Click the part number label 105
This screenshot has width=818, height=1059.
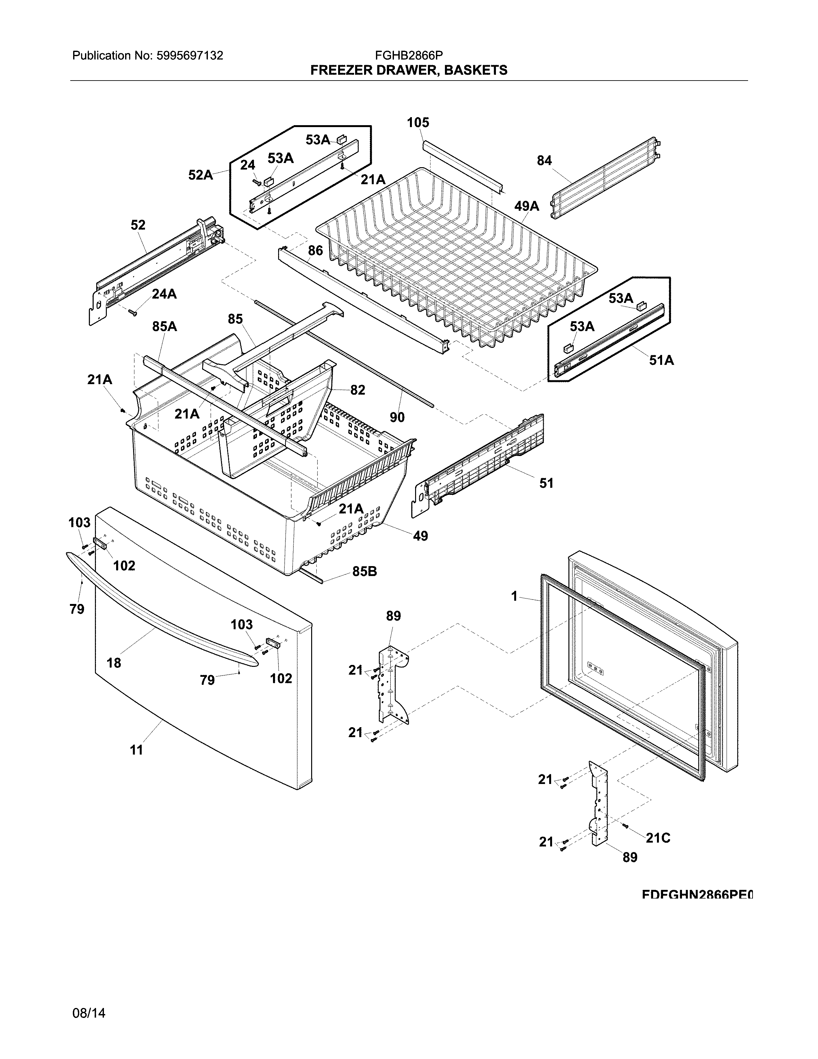(x=418, y=123)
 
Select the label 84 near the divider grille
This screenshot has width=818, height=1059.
(x=544, y=160)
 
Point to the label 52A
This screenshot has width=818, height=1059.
(x=200, y=175)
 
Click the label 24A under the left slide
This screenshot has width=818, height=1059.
(x=164, y=294)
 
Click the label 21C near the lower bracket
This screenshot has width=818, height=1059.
(x=658, y=838)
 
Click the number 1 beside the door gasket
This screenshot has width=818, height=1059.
(x=515, y=597)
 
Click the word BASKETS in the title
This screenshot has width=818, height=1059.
(x=476, y=70)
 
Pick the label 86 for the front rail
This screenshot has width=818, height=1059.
(x=315, y=251)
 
